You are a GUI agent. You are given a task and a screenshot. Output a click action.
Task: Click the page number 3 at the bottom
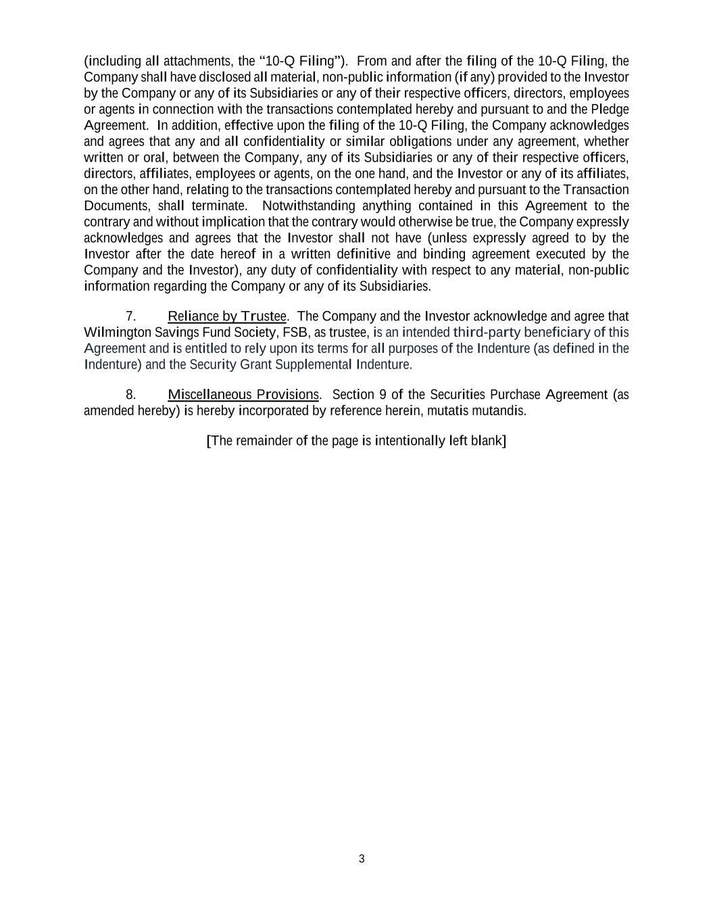click(362, 859)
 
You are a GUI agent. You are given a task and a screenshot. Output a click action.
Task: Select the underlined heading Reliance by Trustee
click(227, 316)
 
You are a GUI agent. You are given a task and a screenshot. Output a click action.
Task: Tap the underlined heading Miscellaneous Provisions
click(243, 395)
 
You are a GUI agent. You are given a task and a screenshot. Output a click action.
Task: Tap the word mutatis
click(449, 411)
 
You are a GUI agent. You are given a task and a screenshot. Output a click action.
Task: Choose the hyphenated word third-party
click(487, 333)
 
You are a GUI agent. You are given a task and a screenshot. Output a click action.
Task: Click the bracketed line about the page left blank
click(356, 441)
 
